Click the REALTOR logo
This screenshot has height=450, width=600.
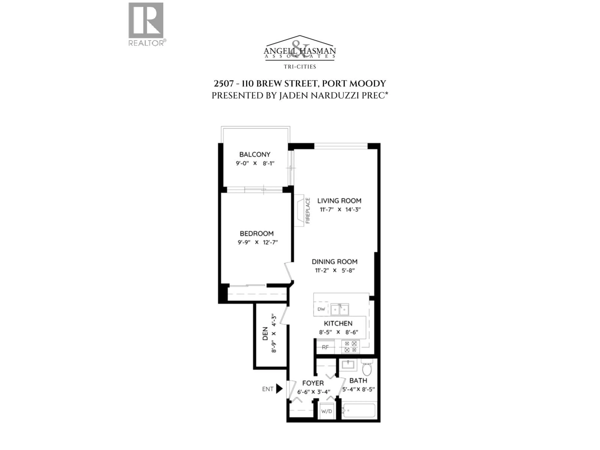146,24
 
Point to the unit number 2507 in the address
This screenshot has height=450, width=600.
223,84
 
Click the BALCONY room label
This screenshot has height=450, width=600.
255,154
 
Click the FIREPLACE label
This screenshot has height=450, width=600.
308,210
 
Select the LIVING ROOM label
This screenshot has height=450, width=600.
339,201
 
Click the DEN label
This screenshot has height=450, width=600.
265,334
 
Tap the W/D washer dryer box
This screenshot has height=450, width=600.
327,411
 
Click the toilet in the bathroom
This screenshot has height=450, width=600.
367,368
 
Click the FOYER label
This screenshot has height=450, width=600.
313,383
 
